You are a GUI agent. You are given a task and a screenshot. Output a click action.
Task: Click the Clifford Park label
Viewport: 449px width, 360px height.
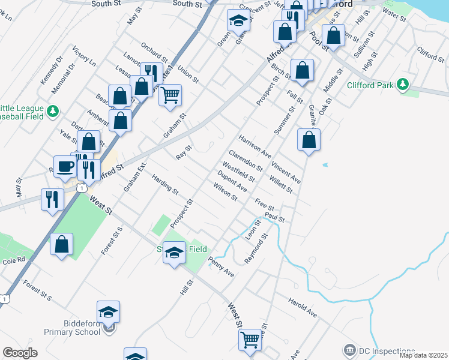(x=370, y=85)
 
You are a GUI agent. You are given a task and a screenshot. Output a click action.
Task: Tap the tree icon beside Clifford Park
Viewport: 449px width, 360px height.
(x=405, y=85)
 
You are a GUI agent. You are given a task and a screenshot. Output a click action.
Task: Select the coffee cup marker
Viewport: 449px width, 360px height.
(x=65, y=167)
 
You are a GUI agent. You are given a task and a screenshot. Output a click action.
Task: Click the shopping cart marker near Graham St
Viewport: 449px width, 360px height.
(x=170, y=94)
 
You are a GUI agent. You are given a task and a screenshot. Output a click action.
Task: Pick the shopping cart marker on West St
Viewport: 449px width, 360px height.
(x=250, y=340)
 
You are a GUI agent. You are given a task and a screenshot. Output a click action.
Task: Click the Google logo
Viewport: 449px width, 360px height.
(x=20, y=353)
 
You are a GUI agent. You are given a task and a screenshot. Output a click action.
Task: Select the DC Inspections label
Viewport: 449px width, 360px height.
(x=387, y=351)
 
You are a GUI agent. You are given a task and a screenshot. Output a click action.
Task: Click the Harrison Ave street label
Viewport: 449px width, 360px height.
(x=255, y=147)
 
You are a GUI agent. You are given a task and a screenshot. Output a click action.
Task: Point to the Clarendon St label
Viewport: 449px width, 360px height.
(x=245, y=158)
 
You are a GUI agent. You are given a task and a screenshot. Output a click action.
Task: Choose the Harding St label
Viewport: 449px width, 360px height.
(x=165, y=185)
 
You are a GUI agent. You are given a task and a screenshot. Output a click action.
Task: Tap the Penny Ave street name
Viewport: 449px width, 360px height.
(x=220, y=266)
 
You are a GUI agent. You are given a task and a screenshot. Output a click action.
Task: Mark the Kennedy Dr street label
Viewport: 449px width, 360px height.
(x=52, y=71)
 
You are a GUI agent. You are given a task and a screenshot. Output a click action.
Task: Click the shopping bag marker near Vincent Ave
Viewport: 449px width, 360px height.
(x=309, y=140)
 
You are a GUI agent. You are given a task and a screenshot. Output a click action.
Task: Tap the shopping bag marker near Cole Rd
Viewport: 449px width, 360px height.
(x=61, y=244)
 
